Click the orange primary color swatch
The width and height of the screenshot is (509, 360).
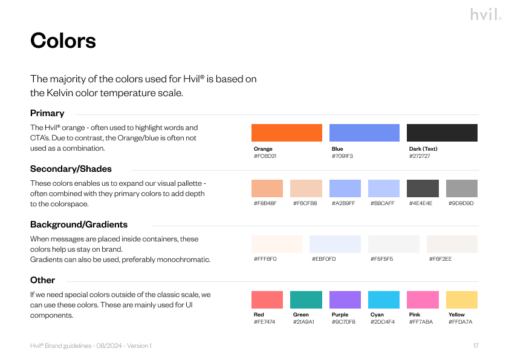click(x=287, y=133)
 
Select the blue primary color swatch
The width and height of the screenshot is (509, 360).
click(x=365, y=133)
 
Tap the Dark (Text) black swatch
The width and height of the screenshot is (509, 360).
click(x=442, y=133)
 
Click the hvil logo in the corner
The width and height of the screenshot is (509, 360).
click(x=486, y=15)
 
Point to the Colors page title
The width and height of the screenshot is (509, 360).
click(x=63, y=41)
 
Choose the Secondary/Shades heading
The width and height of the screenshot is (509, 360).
click(x=71, y=169)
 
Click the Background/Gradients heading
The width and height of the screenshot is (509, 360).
click(x=79, y=224)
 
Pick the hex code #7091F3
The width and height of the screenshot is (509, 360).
click(x=342, y=156)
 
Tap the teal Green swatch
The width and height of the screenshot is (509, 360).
click(x=306, y=299)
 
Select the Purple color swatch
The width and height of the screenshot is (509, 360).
click(x=345, y=299)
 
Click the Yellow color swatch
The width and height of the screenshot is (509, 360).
click(x=462, y=299)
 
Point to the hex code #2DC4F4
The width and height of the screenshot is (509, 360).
click(x=383, y=322)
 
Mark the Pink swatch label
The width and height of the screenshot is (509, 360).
click(x=415, y=315)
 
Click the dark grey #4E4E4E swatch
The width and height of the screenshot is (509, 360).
click(x=423, y=188)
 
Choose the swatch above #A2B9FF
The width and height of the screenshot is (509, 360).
click(x=345, y=188)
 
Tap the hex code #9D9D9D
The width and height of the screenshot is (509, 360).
click(x=461, y=203)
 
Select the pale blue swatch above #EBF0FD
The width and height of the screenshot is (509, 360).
click(x=335, y=244)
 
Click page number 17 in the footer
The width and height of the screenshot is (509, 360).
click(x=476, y=345)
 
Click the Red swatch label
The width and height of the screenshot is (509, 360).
click(x=259, y=315)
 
